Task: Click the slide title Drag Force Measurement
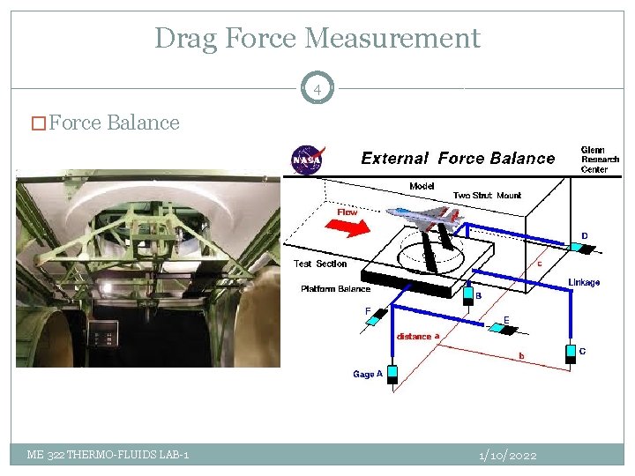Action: pyautogui.click(x=317, y=39)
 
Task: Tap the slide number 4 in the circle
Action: pyautogui.click(x=317, y=89)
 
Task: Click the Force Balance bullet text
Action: pyautogui.click(x=114, y=123)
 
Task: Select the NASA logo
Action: pyautogui.click(x=308, y=160)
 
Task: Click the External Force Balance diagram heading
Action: pyautogui.click(x=458, y=159)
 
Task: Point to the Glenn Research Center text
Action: pyautogui.click(x=600, y=160)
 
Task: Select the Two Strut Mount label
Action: pyautogui.click(x=487, y=196)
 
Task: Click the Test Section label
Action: pyautogui.click(x=320, y=264)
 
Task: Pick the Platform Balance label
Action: pyautogui.click(x=336, y=289)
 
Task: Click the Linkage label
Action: pyautogui.click(x=584, y=282)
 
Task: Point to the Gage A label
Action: pyautogui.click(x=368, y=374)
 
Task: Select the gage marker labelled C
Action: pyautogui.click(x=570, y=353)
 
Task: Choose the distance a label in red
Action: pyautogui.click(x=418, y=336)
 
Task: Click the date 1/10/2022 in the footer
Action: pyautogui.click(x=507, y=455)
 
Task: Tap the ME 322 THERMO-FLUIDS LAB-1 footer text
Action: pyautogui.click(x=107, y=455)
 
